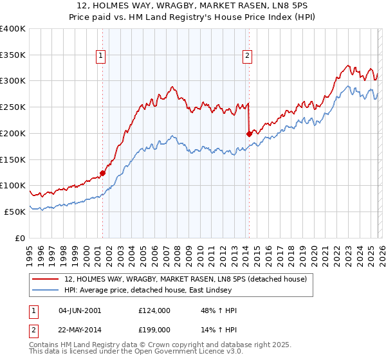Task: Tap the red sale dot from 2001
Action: (102, 173)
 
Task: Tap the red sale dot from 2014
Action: (249, 134)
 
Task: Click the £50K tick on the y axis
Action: (15, 212)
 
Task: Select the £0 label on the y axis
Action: (21, 238)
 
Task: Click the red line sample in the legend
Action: (46, 279)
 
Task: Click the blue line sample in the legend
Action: (46, 290)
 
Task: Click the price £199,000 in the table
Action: (154, 329)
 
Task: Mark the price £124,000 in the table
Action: (154, 310)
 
